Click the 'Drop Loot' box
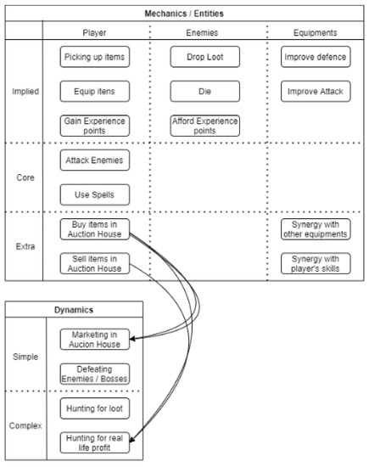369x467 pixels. [204, 57]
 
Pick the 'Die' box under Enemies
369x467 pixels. [204, 89]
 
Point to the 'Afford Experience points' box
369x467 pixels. [204, 125]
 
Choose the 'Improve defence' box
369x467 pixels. [315, 57]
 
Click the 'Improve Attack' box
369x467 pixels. [315, 89]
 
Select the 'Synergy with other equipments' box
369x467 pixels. [315, 229]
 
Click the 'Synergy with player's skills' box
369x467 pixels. [315, 263]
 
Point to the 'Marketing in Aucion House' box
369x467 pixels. [97, 340]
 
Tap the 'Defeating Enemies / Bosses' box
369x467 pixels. [97, 374]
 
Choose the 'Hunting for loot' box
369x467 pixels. [97, 409]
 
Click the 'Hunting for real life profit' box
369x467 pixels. [97, 443]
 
